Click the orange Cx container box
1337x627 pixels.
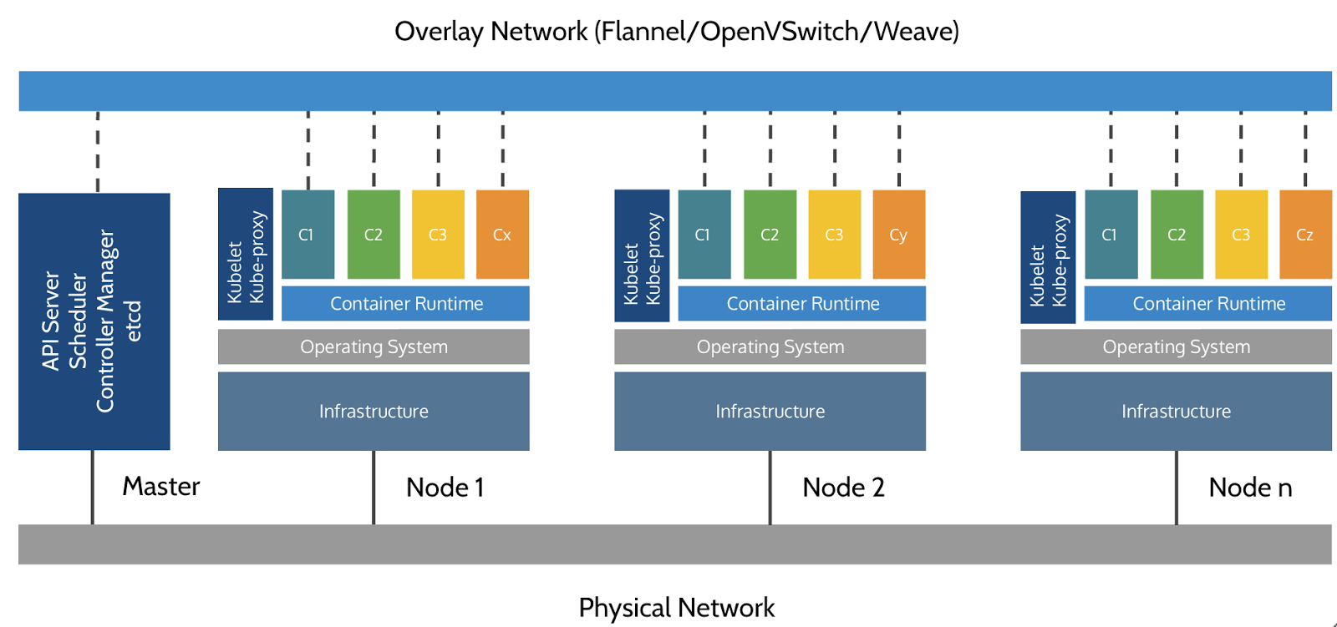(x=502, y=235)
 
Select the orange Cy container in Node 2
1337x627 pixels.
(x=898, y=235)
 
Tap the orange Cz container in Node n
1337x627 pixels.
(x=1305, y=235)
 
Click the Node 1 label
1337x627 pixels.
(x=445, y=488)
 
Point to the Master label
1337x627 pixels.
(x=161, y=486)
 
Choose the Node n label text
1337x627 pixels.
(x=1250, y=488)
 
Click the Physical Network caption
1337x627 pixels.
(x=676, y=608)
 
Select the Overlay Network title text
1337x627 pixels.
(x=676, y=32)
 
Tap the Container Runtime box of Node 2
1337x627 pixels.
(x=802, y=304)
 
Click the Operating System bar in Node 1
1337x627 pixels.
(x=374, y=346)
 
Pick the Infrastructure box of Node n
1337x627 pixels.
(x=1176, y=412)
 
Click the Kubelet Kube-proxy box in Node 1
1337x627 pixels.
(x=246, y=255)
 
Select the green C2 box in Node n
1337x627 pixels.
(x=1177, y=235)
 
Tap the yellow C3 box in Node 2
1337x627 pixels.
(x=834, y=235)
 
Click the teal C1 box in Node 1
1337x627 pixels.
(x=308, y=235)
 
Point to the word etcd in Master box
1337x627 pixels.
(x=133, y=321)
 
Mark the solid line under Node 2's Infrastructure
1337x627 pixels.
(x=770, y=488)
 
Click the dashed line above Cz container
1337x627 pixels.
(x=1305, y=149)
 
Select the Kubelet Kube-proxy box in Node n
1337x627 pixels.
(x=1048, y=257)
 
